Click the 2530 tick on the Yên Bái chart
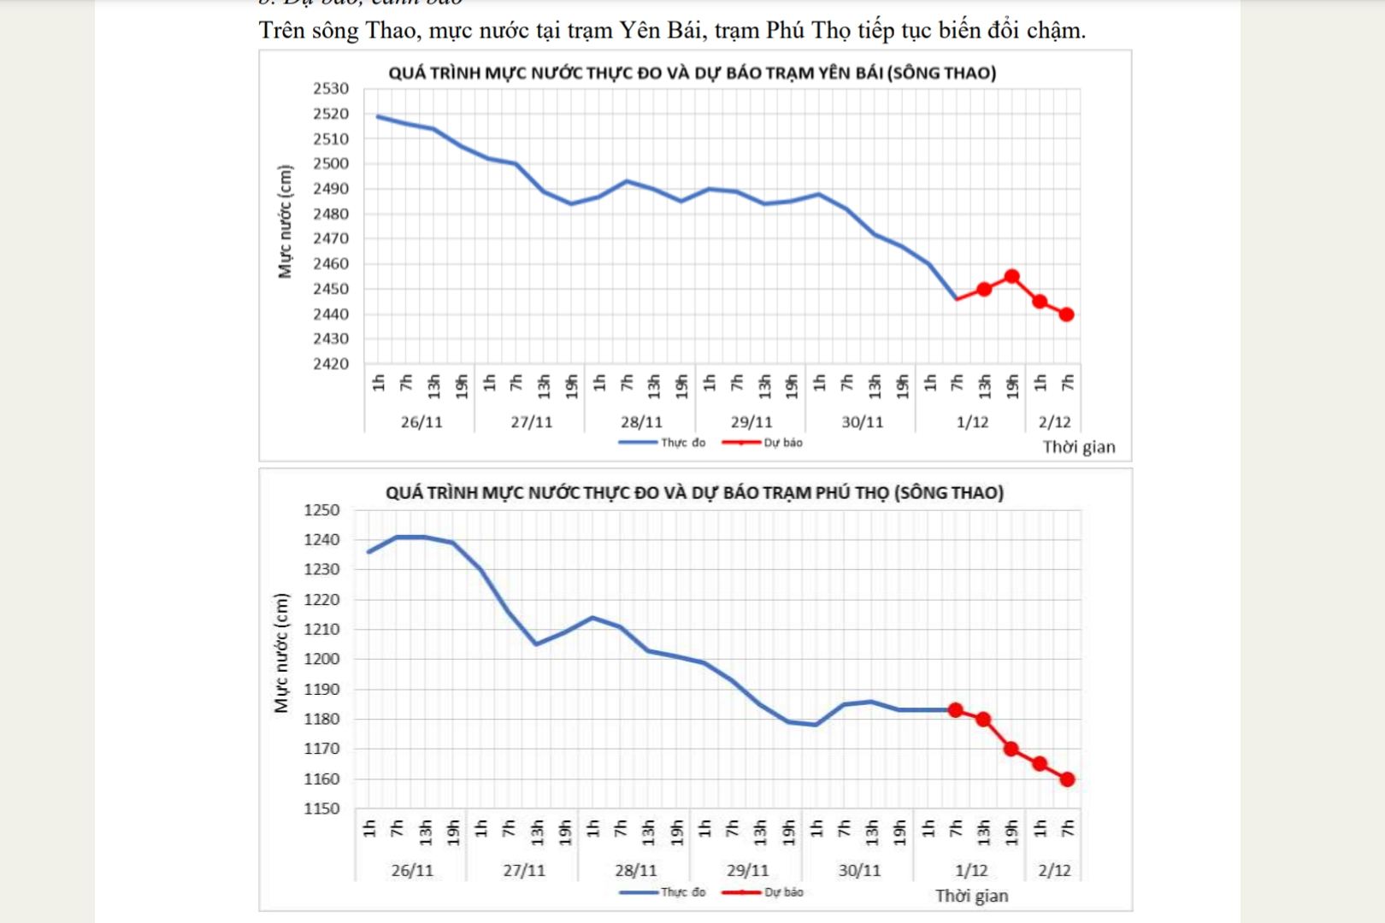coord(331,89)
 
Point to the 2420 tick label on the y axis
coord(331,364)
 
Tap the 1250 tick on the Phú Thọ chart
coord(321,510)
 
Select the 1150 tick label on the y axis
coord(321,808)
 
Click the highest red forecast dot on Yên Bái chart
coord(1012,277)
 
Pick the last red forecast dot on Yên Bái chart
coord(1067,315)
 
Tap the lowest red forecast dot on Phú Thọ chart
coord(1068,779)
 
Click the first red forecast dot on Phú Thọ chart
coord(956,710)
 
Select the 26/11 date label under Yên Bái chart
coord(421,422)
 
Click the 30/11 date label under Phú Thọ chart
coord(859,871)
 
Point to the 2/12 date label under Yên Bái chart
coord(1054,422)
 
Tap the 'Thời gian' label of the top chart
coord(1079,447)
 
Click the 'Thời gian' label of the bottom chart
coord(971,896)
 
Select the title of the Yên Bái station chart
coord(692,73)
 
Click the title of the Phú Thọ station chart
coord(694,493)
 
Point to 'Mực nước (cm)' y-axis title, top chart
coord(286,221)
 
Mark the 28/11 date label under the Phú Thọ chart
coord(636,871)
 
